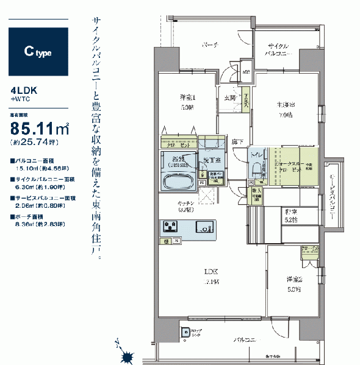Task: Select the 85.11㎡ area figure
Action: click(39, 129)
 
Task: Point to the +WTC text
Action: click(19, 98)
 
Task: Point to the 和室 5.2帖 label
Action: click(290, 215)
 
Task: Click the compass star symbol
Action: click(127, 356)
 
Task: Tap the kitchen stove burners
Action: click(170, 227)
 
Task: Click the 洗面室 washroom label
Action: click(212, 160)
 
